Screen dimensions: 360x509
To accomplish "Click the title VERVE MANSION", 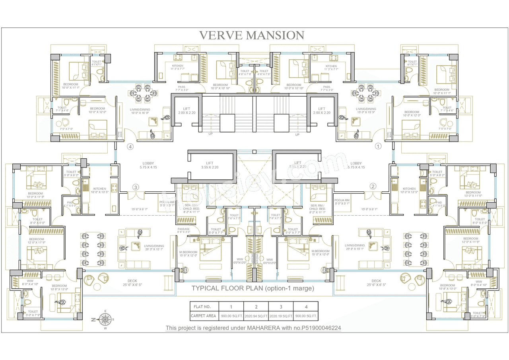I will pos(251,35).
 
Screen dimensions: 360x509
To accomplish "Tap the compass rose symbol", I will pos(105,319).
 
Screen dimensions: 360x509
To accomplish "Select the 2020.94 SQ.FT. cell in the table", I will pos(256,316).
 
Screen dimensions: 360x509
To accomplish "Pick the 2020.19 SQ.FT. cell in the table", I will pos(281,316).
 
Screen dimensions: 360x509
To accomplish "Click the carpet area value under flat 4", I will pos(306,316).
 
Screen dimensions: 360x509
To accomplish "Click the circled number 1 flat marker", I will pos(378,146).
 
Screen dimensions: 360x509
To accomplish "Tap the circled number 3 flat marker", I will pos(136,187).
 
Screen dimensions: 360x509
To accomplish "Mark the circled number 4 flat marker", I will pos(130,146).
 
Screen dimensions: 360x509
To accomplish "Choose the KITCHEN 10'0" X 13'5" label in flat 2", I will pos(409,190).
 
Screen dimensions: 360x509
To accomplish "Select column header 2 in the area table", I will pos(256,306).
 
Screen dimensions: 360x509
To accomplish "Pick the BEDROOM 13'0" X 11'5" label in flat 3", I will pos(35,195).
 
